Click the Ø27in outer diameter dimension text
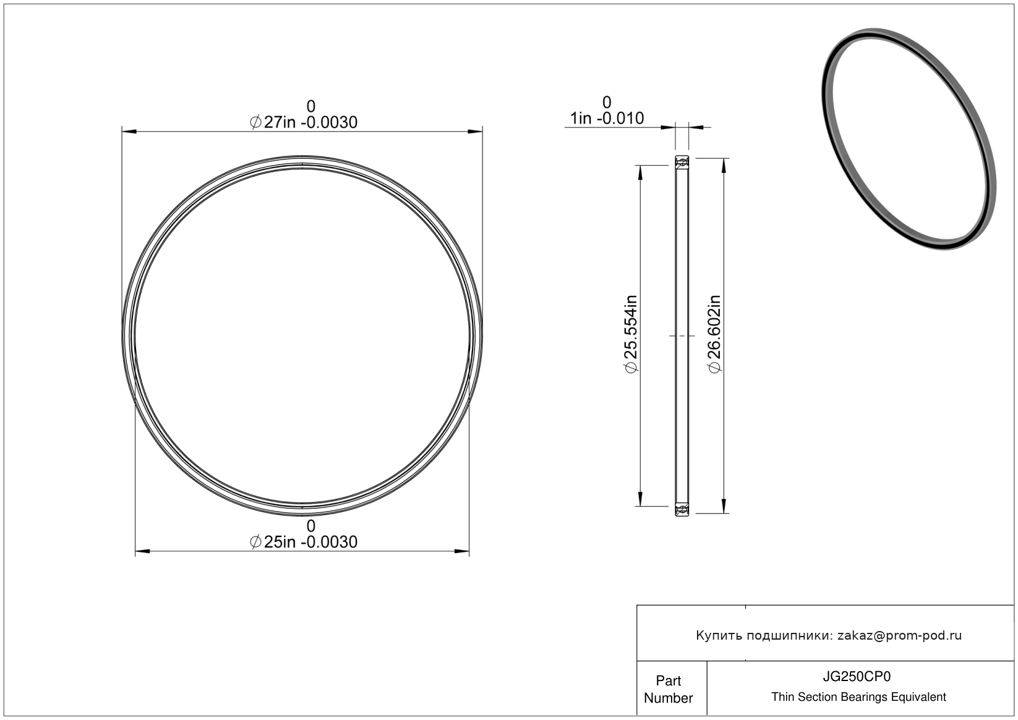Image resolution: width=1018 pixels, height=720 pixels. click(304, 122)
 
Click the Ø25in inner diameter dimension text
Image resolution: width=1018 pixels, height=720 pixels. click(304, 542)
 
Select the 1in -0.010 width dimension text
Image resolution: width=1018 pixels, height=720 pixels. click(607, 118)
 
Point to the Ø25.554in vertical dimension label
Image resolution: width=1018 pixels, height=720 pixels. click(631, 334)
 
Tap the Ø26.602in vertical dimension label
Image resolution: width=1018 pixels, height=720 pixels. click(715, 334)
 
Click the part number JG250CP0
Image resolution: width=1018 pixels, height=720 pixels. click(857, 676)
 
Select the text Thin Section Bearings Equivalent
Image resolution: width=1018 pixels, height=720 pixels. click(858, 697)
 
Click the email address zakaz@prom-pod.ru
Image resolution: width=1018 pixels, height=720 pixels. click(899, 635)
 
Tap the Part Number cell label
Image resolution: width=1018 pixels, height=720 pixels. click(668, 689)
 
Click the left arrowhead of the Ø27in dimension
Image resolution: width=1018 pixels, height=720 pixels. click(129, 132)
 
